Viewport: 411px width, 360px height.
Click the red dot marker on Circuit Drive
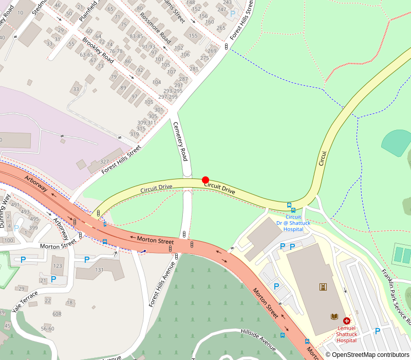[x=206, y=180]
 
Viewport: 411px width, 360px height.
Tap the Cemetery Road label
[x=180, y=141]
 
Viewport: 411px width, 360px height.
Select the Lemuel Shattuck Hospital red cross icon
[x=347, y=320]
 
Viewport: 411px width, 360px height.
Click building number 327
[x=104, y=161]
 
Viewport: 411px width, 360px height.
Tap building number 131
[x=99, y=270]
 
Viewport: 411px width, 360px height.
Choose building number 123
[x=58, y=266]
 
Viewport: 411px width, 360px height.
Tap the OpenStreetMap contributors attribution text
[x=367, y=355]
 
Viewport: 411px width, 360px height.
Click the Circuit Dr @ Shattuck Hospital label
[x=293, y=223]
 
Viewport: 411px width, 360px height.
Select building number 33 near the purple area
[x=77, y=89]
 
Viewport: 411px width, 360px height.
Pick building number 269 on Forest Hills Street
[x=212, y=50]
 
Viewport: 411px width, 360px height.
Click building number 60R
[x=57, y=314]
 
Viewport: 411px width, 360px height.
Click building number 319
[x=135, y=134]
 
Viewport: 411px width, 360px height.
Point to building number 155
[x=193, y=35]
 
